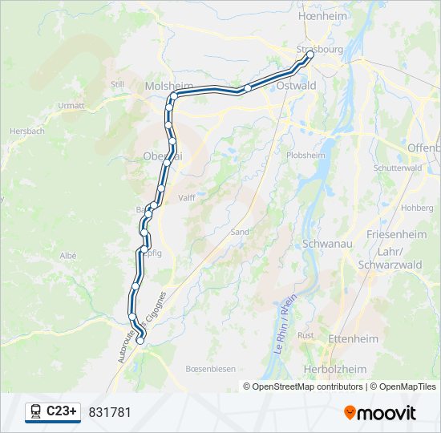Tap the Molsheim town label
[x=166, y=85]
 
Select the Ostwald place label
[x=295, y=85]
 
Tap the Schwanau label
[x=325, y=243]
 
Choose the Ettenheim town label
[x=354, y=338]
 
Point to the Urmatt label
[x=71, y=105]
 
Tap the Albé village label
[x=67, y=255]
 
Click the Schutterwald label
[x=398, y=168]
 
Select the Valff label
[x=186, y=197]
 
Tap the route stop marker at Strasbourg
[x=310, y=55]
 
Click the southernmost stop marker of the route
[x=140, y=341]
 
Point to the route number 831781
[x=109, y=412]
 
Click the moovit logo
[x=380, y=412]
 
